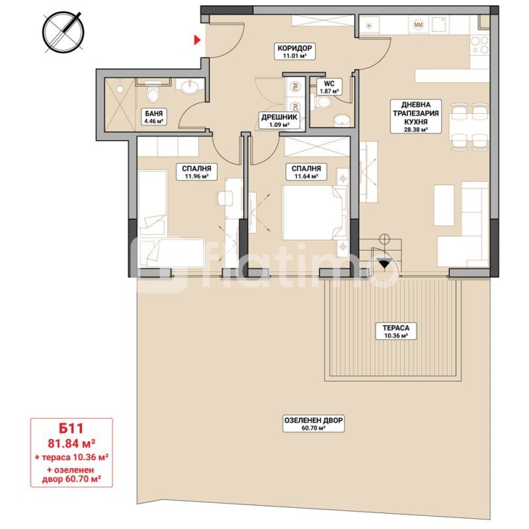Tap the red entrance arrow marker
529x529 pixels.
197,40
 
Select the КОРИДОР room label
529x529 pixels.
294,48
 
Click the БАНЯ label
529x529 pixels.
154,114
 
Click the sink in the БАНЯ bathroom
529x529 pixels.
190,87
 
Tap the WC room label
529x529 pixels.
329,84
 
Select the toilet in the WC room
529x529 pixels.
325,102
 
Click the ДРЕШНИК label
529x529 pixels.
279,118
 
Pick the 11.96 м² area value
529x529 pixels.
196,176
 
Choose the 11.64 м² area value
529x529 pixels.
305,176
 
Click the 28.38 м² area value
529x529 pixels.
416,129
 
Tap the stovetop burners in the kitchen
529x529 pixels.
479,45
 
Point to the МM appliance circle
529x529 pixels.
419,24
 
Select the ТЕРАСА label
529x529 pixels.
396,328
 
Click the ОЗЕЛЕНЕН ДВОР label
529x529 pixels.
313,421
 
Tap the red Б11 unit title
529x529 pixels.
71,428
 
